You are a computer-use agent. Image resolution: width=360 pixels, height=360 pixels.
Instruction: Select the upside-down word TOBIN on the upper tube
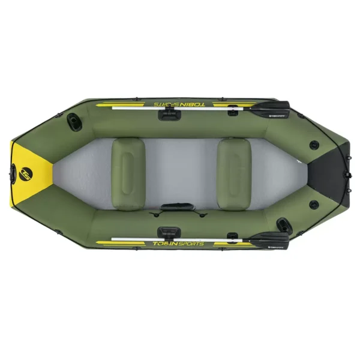click(190, 104)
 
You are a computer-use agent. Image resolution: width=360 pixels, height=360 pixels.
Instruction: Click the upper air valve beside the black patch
click(314, 144)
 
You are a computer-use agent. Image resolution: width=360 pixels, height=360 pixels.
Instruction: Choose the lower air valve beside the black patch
click(313, 205)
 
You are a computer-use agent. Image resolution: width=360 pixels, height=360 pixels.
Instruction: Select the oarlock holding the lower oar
click(167, 232)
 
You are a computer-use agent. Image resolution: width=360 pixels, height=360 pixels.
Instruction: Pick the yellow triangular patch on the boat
click(30, 172)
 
